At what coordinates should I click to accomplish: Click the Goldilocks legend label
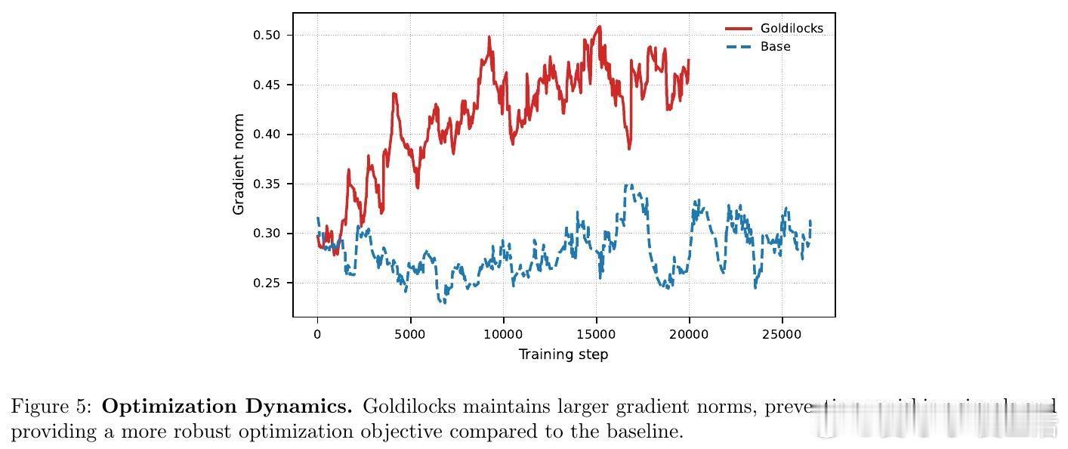pyautogui.click(x=792, y=29)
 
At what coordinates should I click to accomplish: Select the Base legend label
pyautogui.click(x=775, y=47)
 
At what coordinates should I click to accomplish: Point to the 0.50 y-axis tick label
pyautogui.click(x=267, y=35)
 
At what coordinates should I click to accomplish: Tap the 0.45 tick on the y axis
pyautogui.click(x=267, y=85)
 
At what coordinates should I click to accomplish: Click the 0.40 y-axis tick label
pyautogui.click(x=267, y=135)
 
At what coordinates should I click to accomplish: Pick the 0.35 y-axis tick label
pyautogui.click(x=267, y=184)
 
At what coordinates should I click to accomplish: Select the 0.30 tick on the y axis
pyautogui.click(x=267, y=234)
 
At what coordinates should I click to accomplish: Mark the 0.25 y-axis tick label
pyautogui.click(x=267, y=283)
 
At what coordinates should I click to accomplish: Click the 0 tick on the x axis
pyautogui.click(x=317, y=333)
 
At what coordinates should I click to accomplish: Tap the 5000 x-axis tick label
pyautogui.click(x=410, y=333)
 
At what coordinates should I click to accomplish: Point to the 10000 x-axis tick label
pyautogui.click(x=503, y=333)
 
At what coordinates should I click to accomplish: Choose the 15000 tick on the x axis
pyautogui.click(x=596, y=333)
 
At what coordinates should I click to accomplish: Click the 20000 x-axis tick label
pyautogui.click(x=689, y=333)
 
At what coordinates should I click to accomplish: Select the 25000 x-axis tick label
pyautogui.click(x=782, y=333)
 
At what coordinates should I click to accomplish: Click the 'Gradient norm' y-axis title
pyautogui.click(x=239, y=164)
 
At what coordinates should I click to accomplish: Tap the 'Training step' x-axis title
pyautogui.click(x=563, y=355)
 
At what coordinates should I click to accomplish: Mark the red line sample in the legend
pyautogui.click(x=739, y=29)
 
